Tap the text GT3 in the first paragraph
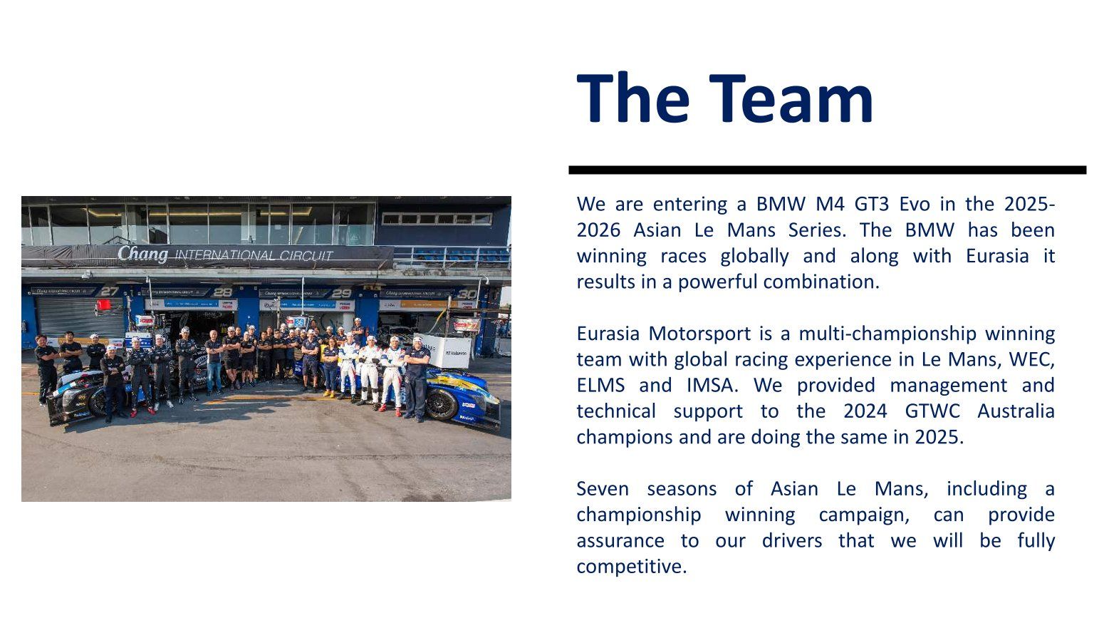(872, 205)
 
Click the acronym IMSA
(709, 386)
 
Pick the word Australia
(1016, 411)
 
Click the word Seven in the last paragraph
(603, 489)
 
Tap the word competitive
(631, 567)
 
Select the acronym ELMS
(600, 386)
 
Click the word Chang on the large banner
(142, 253)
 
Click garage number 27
(109, 291)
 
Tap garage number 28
(222, 292)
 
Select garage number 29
(342, 293)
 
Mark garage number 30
(467, 294)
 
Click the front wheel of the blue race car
(441, 404)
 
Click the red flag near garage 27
(104, 304)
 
